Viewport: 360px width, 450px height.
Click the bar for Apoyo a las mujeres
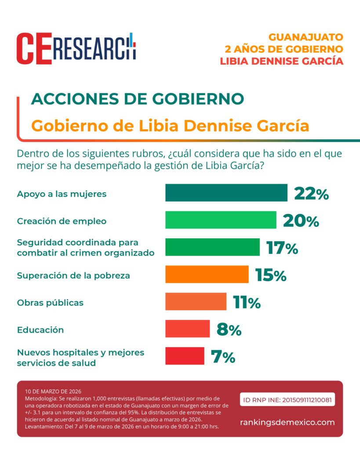[226, 193]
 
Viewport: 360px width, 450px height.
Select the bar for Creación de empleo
[221, 220]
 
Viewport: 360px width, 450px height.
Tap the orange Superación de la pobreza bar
[207, 274]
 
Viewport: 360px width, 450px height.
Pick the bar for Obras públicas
[196, 302]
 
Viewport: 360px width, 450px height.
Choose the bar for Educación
[187, 329]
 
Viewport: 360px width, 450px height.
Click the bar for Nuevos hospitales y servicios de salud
[185, 356]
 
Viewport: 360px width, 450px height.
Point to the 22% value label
[311, 193]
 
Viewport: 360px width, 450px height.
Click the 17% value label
[282, 248]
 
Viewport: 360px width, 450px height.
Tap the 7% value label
[223, 357]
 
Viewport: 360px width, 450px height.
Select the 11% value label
[247, 302]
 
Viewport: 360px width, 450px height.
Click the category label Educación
[40, 330]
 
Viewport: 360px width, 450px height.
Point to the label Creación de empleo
[62, 221]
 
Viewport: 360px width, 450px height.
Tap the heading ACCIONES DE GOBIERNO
[137, 99]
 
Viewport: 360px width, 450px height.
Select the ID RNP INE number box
[287, 400]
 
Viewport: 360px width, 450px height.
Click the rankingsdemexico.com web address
[287, 422]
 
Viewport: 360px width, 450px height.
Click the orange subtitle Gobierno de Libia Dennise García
[170, 126]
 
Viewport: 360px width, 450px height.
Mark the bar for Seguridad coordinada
[212, 247]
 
